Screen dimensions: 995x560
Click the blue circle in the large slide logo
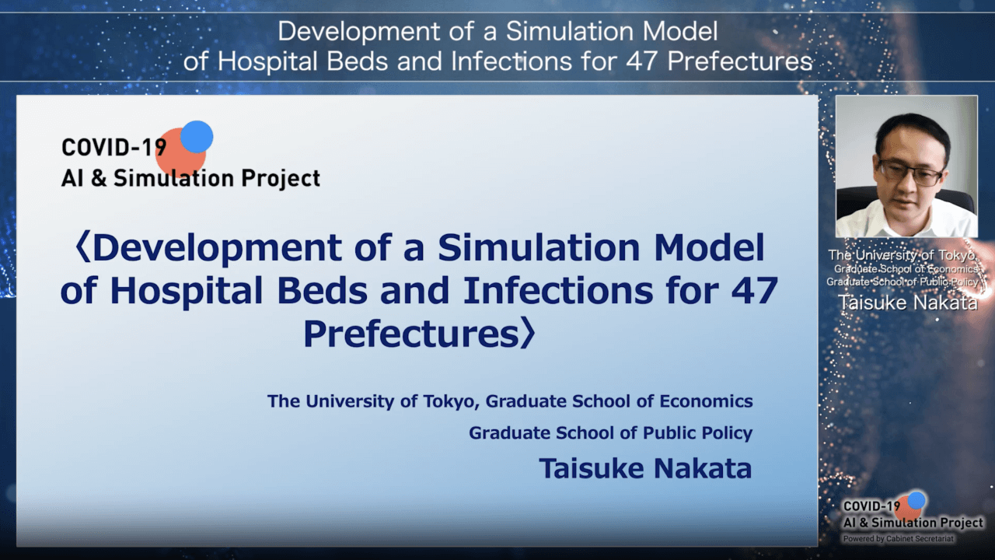pos(197,136)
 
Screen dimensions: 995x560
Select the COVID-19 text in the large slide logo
pos(114,148)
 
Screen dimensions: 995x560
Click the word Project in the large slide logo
pos(281,179)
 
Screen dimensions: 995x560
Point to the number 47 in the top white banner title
pos(641,61)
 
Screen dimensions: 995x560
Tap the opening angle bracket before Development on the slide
pos(83,247)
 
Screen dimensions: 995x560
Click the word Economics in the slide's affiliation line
pos(706,401)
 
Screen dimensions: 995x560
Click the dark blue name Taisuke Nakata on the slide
pos(645,468)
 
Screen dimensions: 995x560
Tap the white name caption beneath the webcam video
pos(908,303)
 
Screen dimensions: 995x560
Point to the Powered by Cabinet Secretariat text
pos(898,539)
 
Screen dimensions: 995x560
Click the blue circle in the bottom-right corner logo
pos(916,500)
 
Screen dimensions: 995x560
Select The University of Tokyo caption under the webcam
pos(902,256)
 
